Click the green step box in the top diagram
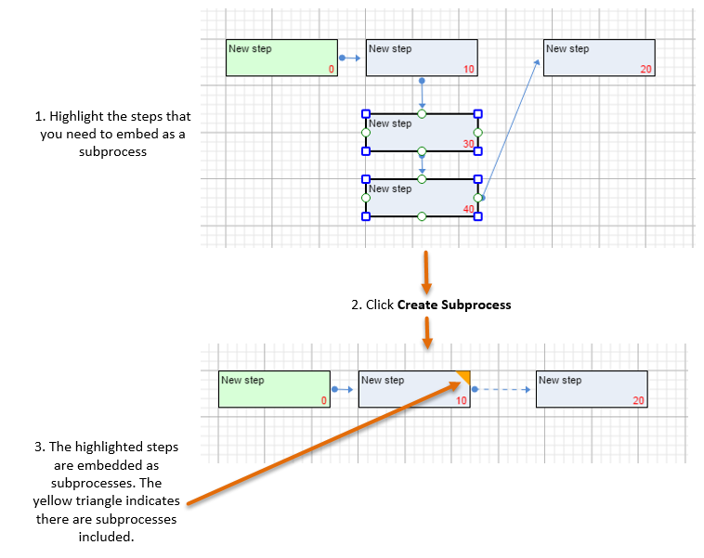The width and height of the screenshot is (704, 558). [281, 58]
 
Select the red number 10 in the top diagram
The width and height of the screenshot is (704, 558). [468, 70]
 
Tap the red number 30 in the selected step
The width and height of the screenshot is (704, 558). [468, 144]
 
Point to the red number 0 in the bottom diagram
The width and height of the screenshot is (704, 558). [323, 401]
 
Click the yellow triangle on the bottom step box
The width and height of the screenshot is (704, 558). [463, 376]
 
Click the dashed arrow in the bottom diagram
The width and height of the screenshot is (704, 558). [502, 389]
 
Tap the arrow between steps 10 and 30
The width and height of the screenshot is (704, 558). [422, 94]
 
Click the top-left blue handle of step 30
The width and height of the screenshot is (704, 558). [366, 113]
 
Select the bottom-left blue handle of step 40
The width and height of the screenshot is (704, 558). [366, 216]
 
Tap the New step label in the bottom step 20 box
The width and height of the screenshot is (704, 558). [559, 380]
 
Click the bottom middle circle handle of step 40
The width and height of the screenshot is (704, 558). [422, 216]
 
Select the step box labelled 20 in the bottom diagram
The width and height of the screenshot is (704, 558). [592, 389]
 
